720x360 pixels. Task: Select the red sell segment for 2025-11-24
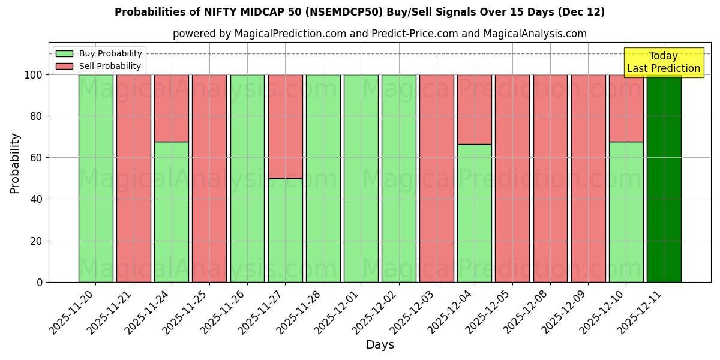click(x=172, y=108)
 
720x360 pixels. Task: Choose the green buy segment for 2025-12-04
click(x=474, y=213)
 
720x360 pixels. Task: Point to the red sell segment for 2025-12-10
click(x=626, y=108)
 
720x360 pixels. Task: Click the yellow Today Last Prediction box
click(x=663, y=62)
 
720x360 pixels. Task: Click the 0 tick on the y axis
click(x=40, y=282)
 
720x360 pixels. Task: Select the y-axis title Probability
click(x=15, y=163)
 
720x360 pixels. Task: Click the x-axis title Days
click(x=380, y=345)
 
